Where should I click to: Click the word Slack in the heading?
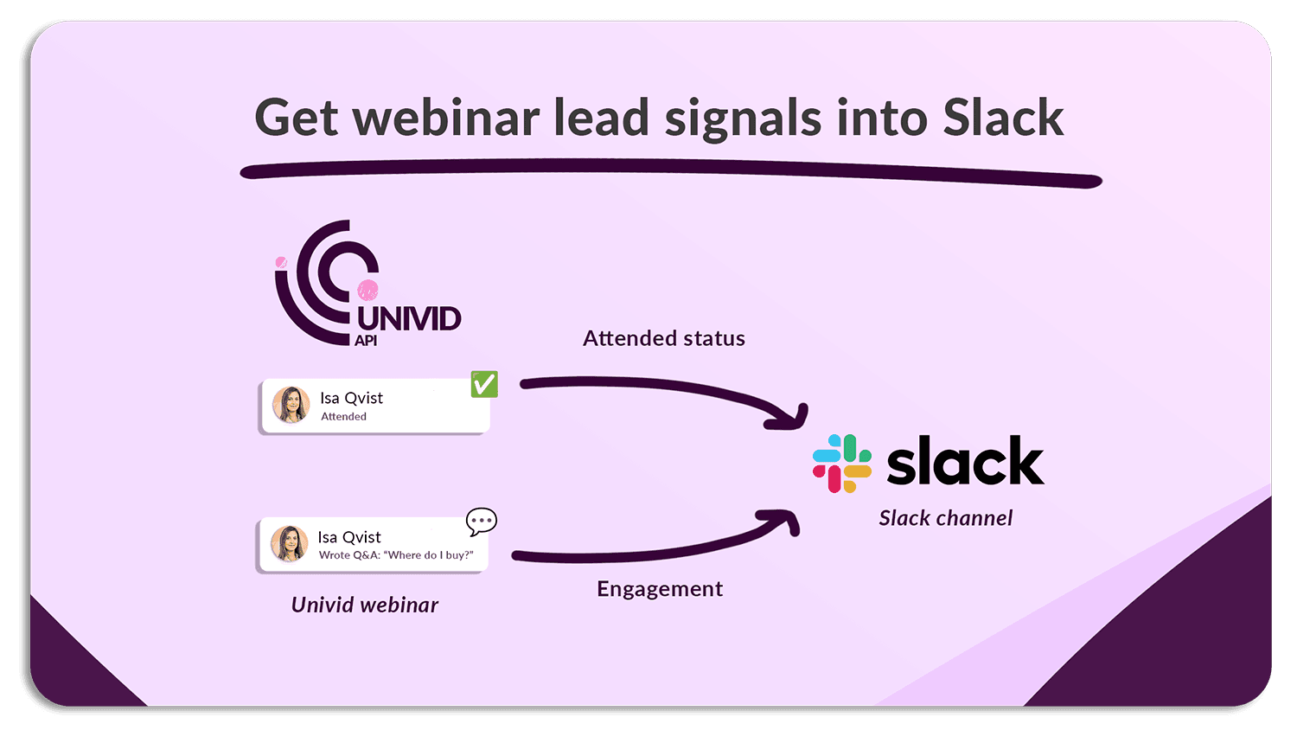pyautogui.click(x=1003, y=118)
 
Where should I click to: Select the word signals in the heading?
pyautogui.click(x=743, y=119)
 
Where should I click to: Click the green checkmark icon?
pyautogui.click(x=484, y=383)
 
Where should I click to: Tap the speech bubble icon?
pyautogui.click(x=481, y=521)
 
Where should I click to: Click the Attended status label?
pyautogui.click(x=663, y=338)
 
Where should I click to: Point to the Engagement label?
pyautogui.click(x=660, y=589)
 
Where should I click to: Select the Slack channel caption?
pyautogui.click(x=945, y=518)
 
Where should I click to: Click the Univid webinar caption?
pyautogui.click(x=364, y=605)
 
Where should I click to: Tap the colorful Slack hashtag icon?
pyautogui.click(x=841, y=464)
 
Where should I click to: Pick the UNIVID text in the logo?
pyautogui.click(x=409, y=318)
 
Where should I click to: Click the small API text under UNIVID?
pyautogui.click(x=366, y=341)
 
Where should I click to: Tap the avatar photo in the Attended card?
pyautogui.click(x=291, y=405)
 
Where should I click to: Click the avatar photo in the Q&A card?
pyautogui.click(x=289, y=543)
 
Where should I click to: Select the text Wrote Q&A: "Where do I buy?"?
pyautogui.click(x=396, y=555)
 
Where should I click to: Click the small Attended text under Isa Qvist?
pyautogui.click(x=343, y=417)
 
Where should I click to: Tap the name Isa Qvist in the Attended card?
pyautogui.click(x=351, y=398)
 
